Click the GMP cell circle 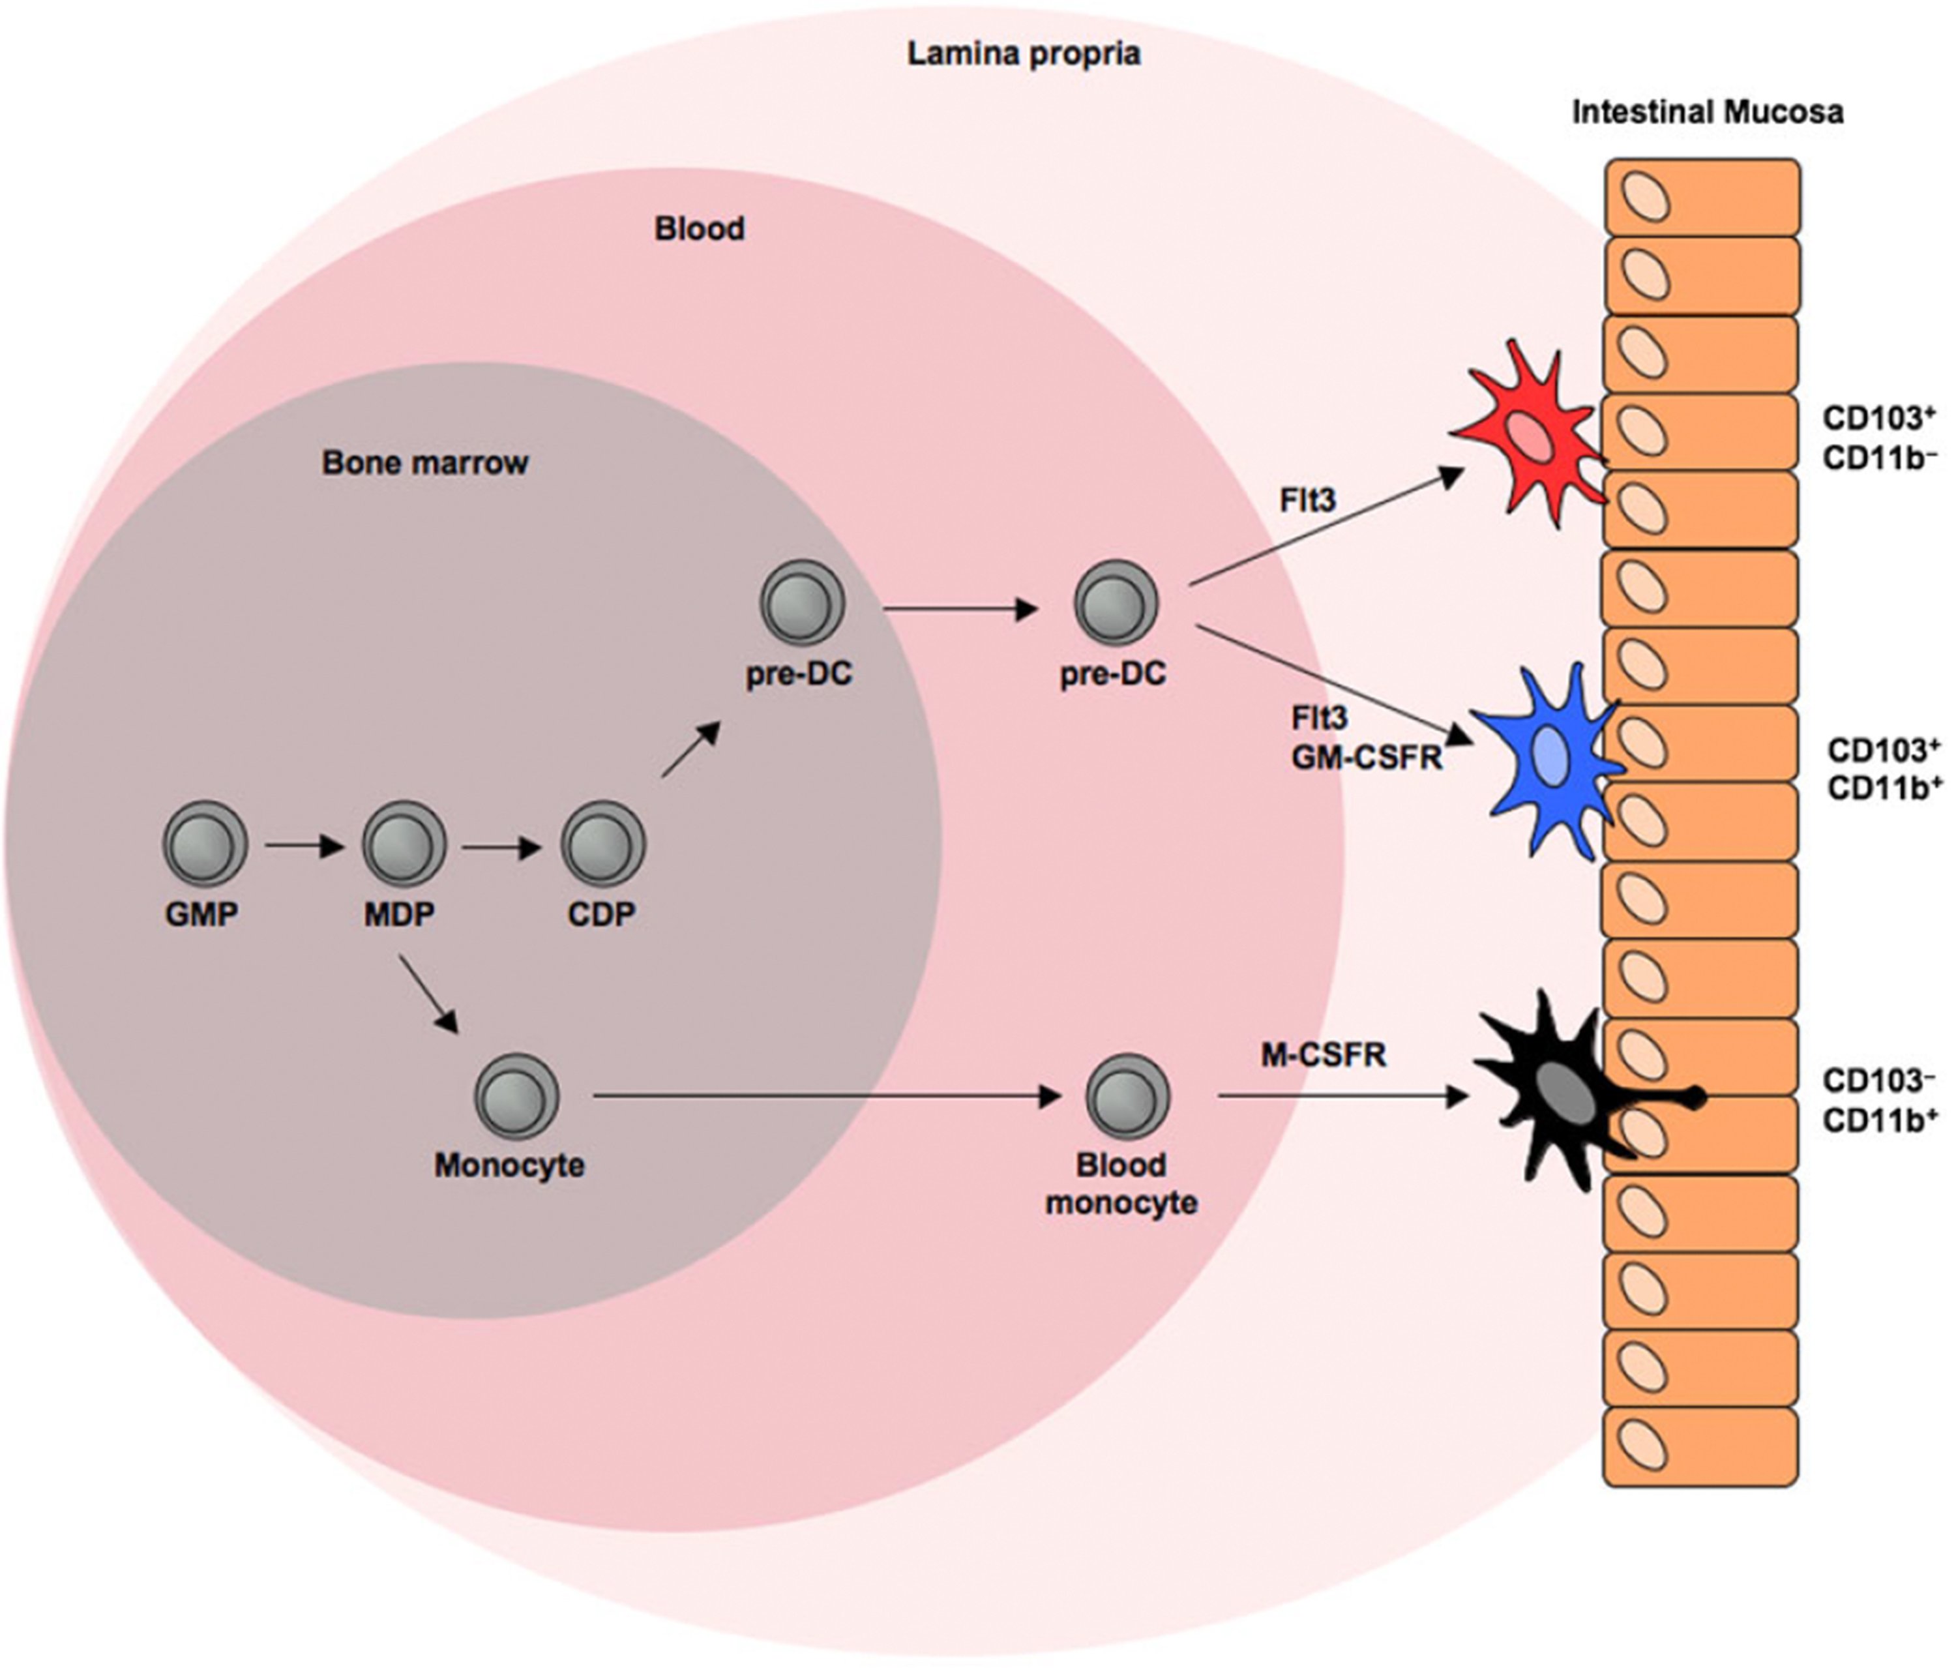click(x=205, y=843)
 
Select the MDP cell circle click(x=404, y=843)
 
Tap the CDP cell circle click(x=603, y=843)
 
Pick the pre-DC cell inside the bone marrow click(x=801, y=603)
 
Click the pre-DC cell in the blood click(x=1116, y=603)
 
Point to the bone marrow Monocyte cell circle click(x=516, y=1096)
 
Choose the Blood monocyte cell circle click(x=1127, y=1096)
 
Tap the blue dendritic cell click(x=1548, y=760)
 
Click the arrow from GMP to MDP click(x=304, y=846)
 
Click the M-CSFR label click(x=1324, y=1054)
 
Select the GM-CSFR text click(x=1366, y=757)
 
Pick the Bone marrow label click(x=425, y=462)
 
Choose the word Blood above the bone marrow click(x=700, y=228)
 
